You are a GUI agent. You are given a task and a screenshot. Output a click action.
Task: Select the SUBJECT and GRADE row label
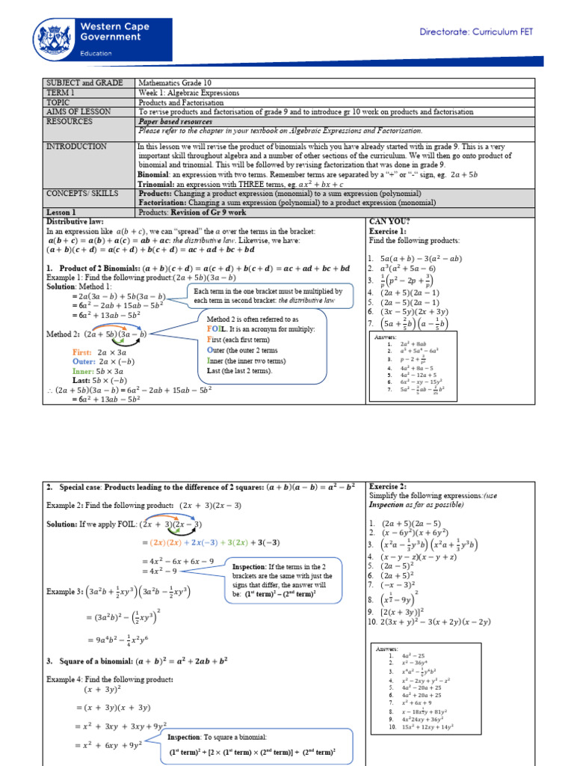click(81, 82)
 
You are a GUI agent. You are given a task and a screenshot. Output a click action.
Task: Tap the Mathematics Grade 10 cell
click(180, 82)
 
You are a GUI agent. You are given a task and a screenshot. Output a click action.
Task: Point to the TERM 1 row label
click(61, 92)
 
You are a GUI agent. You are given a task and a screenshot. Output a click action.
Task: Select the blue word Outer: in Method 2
click(84, 361)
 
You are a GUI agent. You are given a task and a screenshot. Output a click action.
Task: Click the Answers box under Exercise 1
click(410, 364)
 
